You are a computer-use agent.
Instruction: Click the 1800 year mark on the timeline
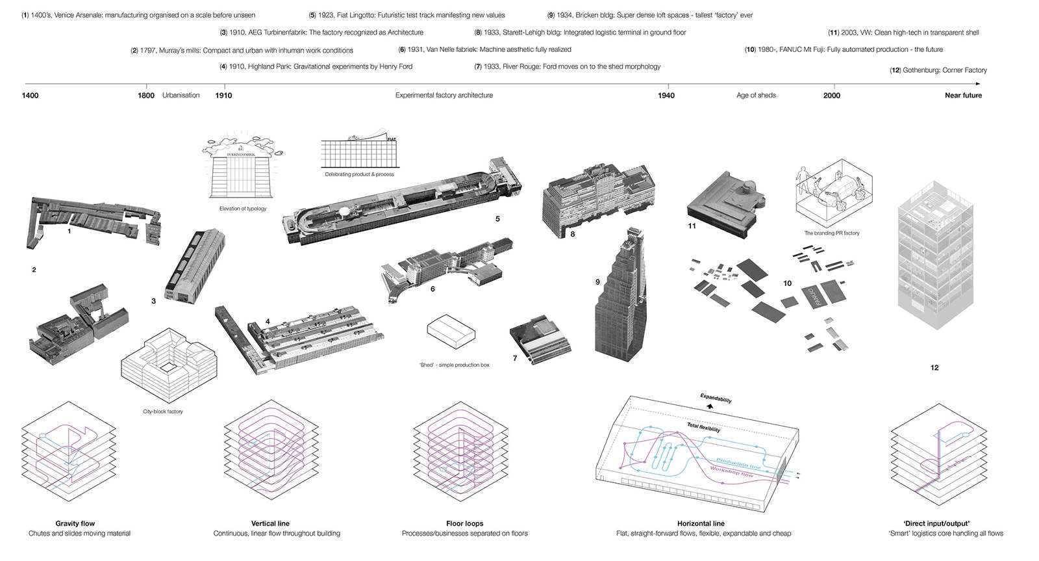[x=146, y=96]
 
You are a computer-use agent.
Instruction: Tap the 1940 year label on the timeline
[x=666, y=96]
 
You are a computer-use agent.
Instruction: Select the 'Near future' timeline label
[x=963, y=96]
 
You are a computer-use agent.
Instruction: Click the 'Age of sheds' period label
[x=756, y=96]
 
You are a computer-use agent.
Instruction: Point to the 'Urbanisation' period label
[x=181, y=96]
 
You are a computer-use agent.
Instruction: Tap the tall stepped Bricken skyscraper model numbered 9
[x=620, y=299]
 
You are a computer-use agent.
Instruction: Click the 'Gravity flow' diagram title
[x=75, y=523]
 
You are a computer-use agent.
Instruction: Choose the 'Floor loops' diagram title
[x=464, y=523]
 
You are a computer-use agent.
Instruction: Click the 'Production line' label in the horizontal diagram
[x=738, y=463]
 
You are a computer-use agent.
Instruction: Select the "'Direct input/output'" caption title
[x=936, y=523]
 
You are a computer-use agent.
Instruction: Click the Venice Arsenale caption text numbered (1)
[x=138, y=15]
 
